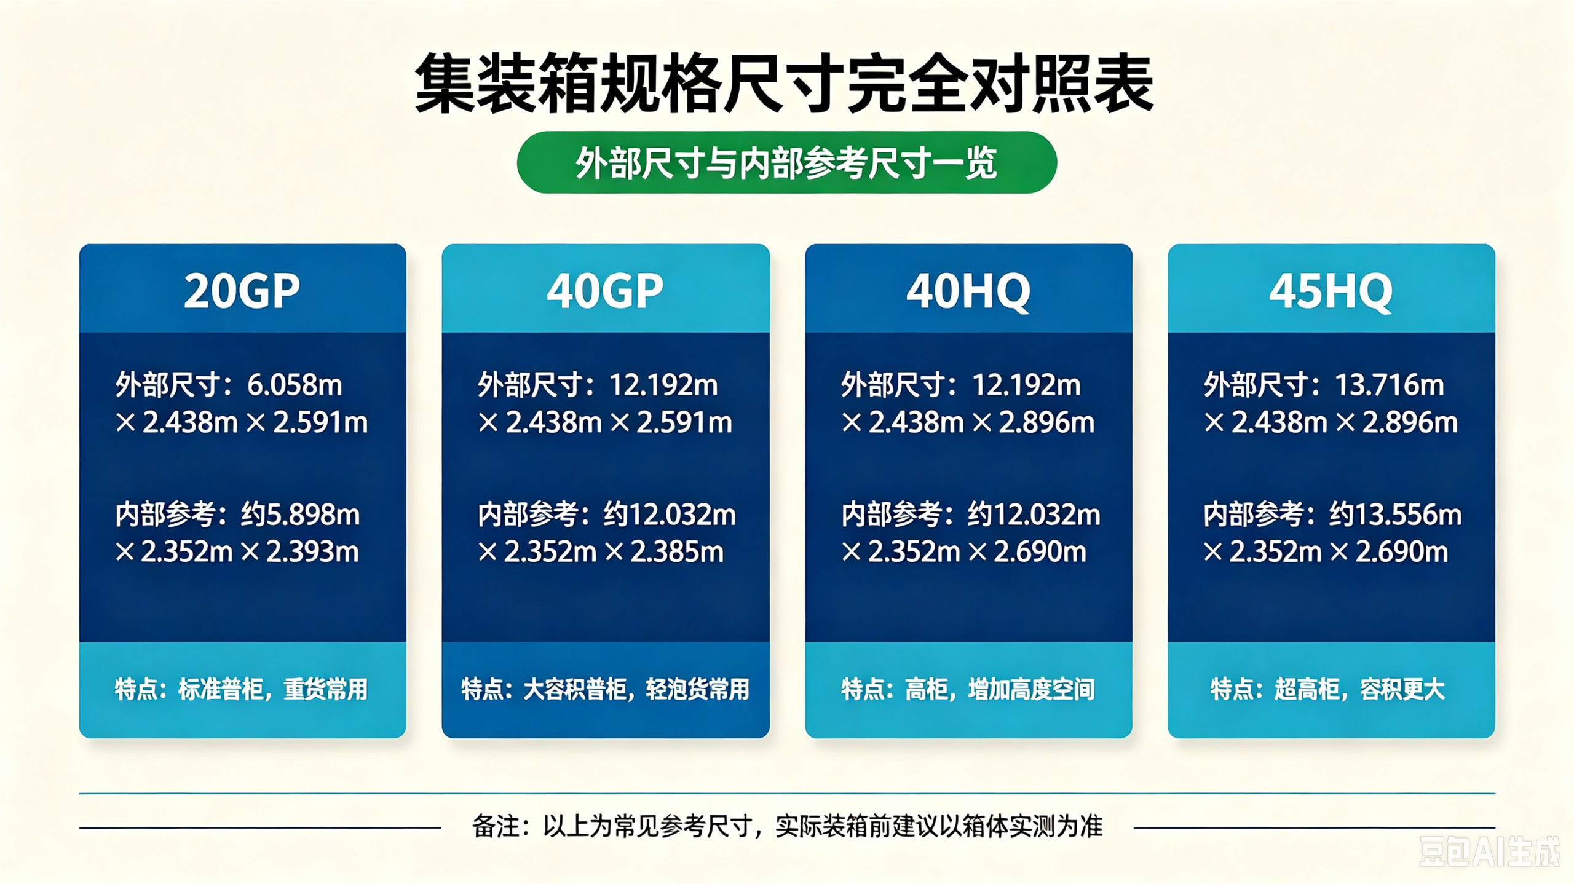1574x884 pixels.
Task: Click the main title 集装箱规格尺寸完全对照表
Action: coord(785,84)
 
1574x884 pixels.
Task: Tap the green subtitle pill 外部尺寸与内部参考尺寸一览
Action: coord(787,162)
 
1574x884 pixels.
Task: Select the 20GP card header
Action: coord(242,290)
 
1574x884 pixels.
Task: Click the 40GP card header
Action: coord(606,290)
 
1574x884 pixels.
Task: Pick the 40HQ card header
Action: coord(968,290)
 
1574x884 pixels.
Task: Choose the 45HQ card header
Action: coord(1331,290)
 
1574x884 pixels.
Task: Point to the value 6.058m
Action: coord(295,385)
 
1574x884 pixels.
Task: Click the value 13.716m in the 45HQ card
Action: coord(1390,385)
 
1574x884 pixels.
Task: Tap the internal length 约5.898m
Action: coord(300,515)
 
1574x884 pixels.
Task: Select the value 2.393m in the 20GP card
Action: coord(312,552)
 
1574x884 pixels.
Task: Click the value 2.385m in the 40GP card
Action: coord(677,552)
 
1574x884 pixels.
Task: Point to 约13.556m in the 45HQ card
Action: coord(1395,515)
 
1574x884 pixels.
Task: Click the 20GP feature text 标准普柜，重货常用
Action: coord(273,689)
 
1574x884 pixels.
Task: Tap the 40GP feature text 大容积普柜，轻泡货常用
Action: coord(636,689)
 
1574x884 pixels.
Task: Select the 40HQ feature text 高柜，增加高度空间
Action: coord(1000,689)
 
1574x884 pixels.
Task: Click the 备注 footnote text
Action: coord(787,827)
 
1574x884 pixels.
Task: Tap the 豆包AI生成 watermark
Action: coord(1489,852)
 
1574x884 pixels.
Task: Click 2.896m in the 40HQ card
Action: coord(1046,423)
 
